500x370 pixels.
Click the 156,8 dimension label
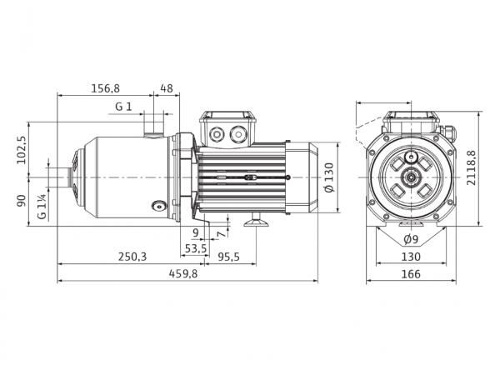pos(106,88)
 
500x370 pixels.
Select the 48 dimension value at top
pos(166,88)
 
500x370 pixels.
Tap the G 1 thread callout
pos(123,107)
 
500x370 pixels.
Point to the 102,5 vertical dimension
pos(22,150)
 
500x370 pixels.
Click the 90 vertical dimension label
pos(22,201)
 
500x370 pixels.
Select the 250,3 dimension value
pos(132,257)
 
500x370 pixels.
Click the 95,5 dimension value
pos(228,257)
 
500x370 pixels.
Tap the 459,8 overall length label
pos(183,273)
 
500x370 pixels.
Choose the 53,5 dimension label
pos(196,248)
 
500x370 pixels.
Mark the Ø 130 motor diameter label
pos(329,177)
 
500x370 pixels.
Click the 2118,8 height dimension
pos(471,167)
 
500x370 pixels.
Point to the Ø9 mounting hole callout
pos(411,239)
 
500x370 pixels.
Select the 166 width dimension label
pos(411,274)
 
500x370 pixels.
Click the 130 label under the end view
pos(411,257)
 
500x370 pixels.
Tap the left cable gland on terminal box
pos(216,134)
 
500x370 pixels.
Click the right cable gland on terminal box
pos(237,133)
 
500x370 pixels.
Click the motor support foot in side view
pos(256,220)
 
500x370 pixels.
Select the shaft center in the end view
pos(411,177)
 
